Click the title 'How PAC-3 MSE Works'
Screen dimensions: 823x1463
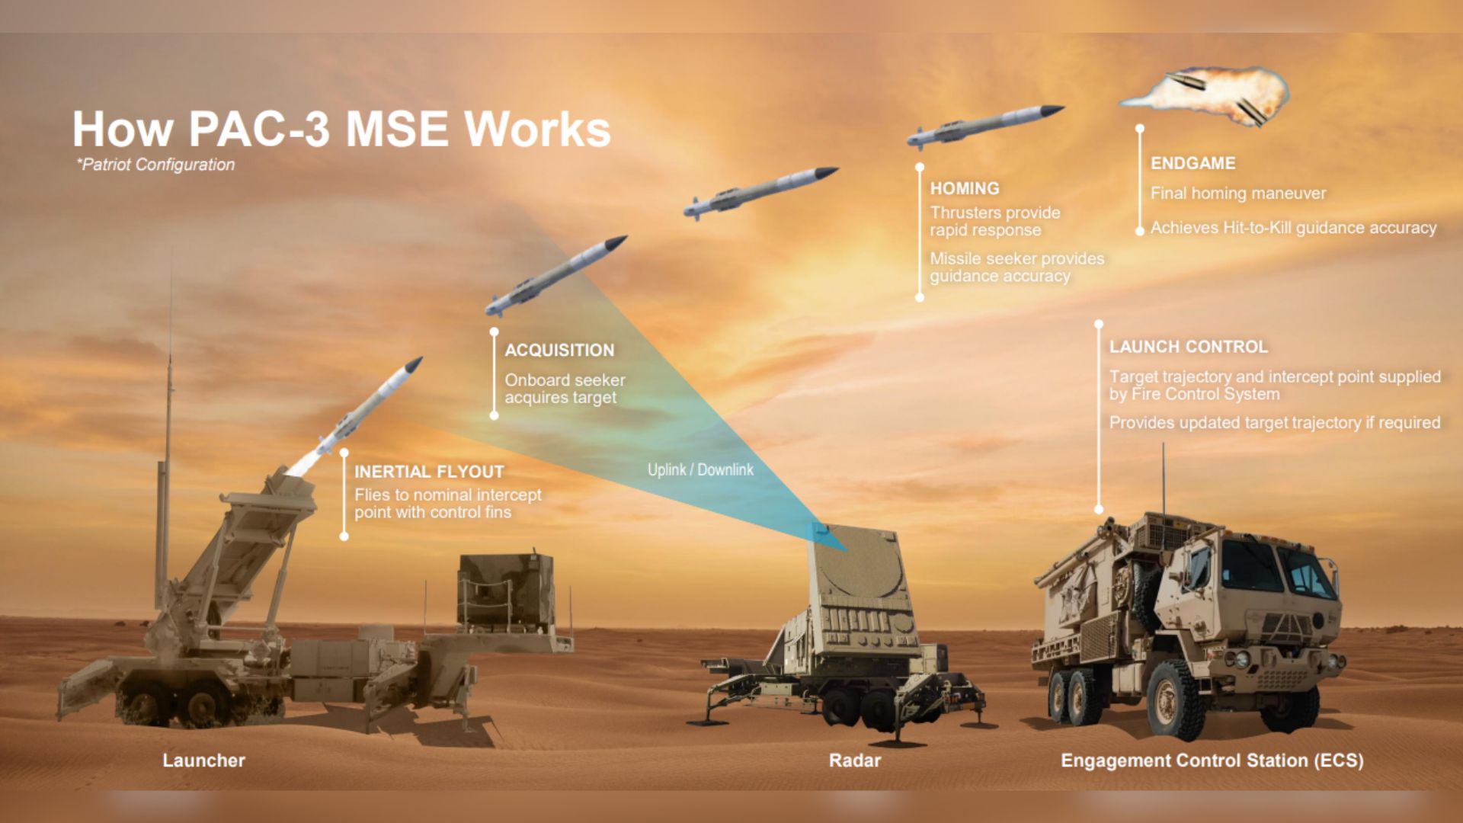click(341, 130)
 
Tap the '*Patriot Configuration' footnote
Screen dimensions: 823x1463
click(155, 165)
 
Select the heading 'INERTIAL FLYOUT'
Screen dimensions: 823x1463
click(429, 472)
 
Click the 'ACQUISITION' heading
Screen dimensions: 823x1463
click(559, 351)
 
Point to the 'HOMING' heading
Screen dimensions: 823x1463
click(965, 188)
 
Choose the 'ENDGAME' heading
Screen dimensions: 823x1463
click(1192, 163)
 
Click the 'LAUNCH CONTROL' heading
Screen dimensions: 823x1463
click(1188, 347)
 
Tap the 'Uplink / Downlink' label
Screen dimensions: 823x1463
click(700, 470)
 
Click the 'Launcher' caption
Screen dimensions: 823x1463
click(203, 761)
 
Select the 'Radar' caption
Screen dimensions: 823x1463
click(855, 761)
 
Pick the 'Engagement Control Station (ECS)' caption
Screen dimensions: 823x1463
click(1212, 761)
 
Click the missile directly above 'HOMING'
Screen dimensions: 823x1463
click(983, 125)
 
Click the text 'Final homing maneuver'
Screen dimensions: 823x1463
click(1238, 194)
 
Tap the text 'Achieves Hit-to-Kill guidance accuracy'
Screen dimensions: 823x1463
click(1293, 228)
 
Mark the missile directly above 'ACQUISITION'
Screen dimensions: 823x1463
click(556, 276)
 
